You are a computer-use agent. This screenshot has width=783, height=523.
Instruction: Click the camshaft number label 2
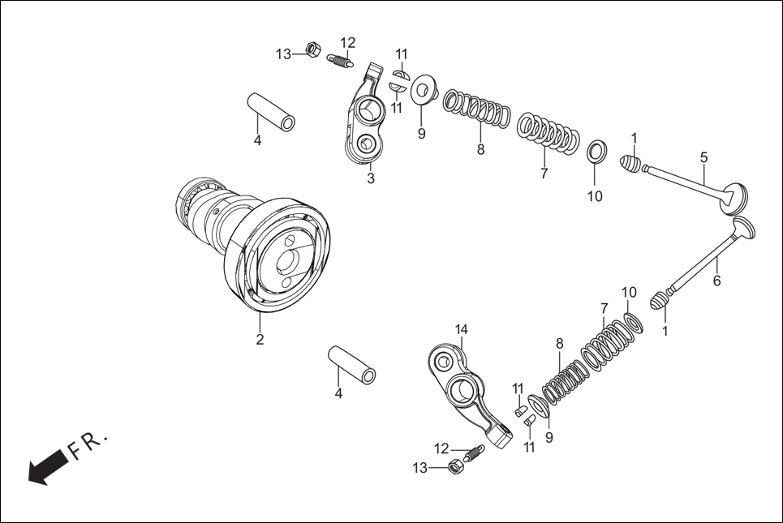coord(260,340)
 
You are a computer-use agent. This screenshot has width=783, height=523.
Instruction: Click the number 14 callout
coord(461,329)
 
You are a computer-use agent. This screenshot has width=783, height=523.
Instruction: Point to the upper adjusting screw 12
coord(341,59)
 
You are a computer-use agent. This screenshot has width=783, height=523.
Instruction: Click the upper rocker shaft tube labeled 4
coord(271,112)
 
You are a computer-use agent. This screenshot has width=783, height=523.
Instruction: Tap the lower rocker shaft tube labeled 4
coord(351,366)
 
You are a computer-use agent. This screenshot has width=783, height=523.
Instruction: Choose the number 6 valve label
coord(716,281)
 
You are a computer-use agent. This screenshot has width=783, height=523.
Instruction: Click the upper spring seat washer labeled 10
coord(595,151)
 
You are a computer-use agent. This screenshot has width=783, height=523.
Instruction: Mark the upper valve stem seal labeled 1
coord(631,163)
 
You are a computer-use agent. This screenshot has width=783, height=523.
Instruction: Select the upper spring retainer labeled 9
coord(423,90)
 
